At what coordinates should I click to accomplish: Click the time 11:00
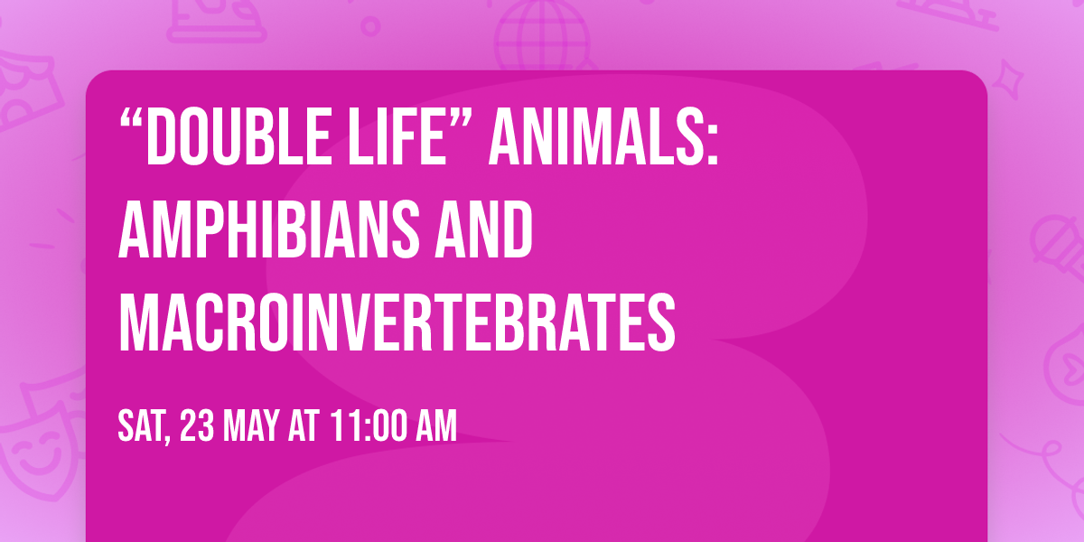point(369,425)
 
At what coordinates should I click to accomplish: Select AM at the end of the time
point(435,425)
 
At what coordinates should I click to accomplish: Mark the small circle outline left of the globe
point(370,25)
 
